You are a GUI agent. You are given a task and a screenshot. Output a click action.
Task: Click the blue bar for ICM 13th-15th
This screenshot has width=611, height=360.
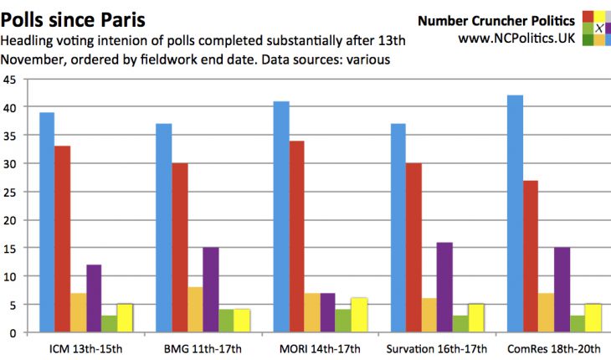46,223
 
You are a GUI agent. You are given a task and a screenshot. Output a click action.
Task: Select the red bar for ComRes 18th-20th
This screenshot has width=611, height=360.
531,256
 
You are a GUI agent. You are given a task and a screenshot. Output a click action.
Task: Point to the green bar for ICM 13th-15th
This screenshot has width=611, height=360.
109,324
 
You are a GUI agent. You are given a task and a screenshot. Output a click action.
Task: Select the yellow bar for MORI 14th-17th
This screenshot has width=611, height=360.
359,315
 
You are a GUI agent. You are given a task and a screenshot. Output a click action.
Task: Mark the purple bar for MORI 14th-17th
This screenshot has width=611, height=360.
328,312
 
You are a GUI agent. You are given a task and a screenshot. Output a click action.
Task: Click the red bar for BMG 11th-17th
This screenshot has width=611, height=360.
179,248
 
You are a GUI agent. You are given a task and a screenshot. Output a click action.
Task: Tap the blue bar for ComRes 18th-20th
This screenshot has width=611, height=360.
516,214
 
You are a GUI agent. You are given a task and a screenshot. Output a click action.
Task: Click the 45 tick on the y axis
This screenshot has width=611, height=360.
12,80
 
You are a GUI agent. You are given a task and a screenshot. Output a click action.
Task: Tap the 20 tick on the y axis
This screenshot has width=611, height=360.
12,219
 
